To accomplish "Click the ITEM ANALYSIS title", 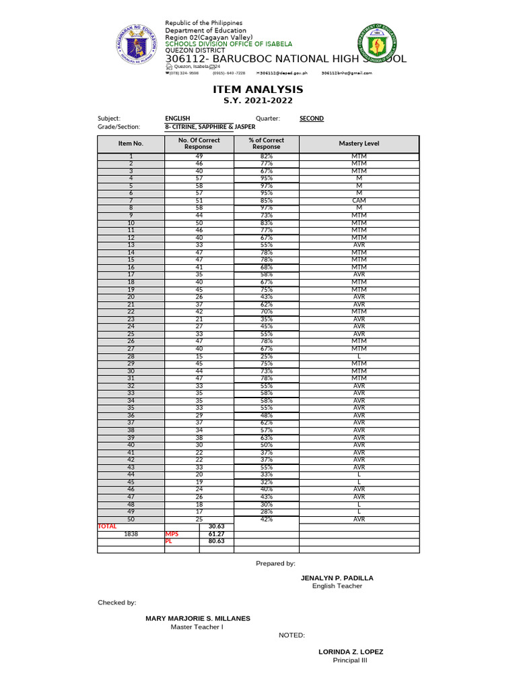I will (258, 90).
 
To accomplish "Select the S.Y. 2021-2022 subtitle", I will (258, 101).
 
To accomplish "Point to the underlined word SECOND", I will (312, 119).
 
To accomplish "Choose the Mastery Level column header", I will (359, 144).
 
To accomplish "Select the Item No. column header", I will (131, 144).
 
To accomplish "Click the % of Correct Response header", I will (266, 144).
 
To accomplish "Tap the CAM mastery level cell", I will (359, 200).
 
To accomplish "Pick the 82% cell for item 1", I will (267, 156).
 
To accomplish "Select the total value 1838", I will (131, 533).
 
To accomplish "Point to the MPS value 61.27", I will (216, 533).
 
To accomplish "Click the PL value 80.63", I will (216, 540).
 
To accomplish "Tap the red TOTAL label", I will (108, 526).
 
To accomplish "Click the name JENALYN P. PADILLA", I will (337, 578).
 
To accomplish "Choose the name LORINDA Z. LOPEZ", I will (351, 652).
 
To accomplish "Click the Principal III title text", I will (350, 660).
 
